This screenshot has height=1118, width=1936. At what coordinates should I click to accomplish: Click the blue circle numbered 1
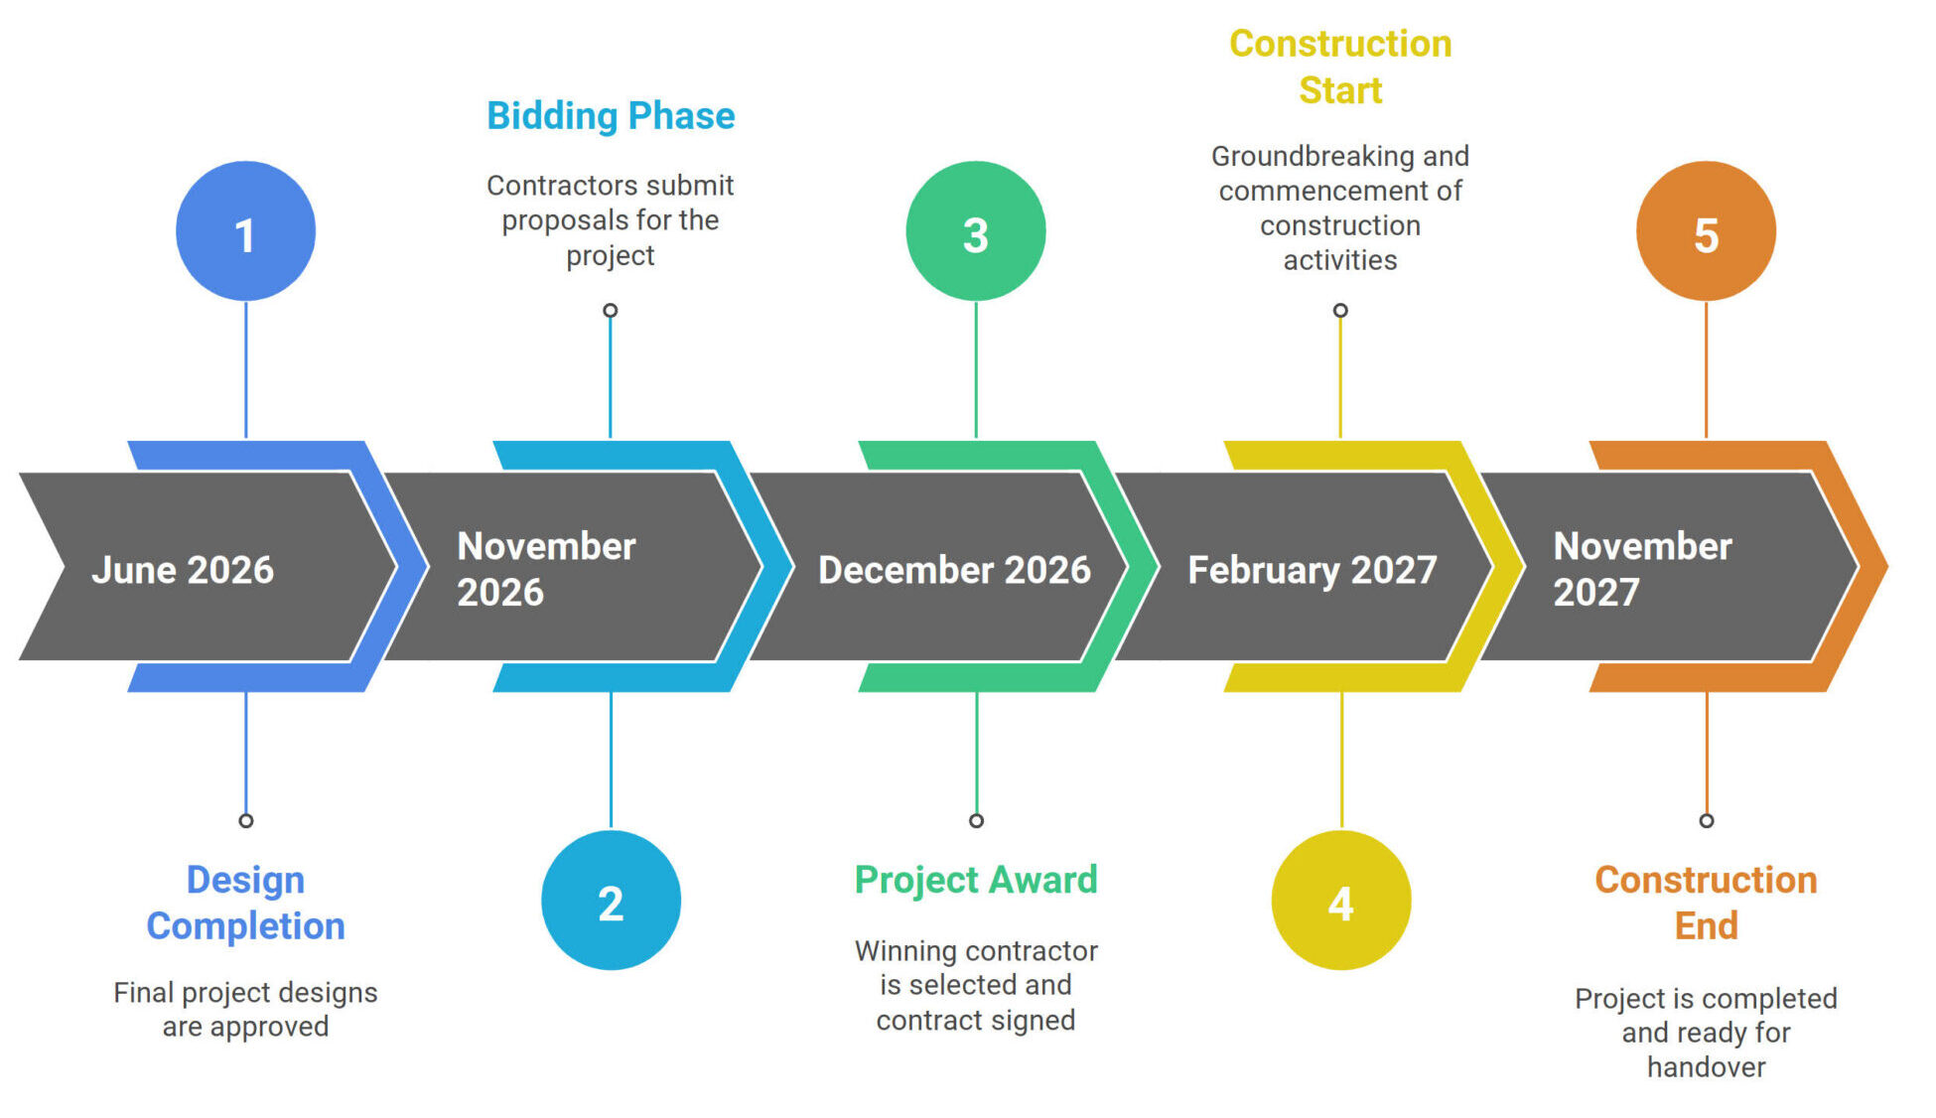(245, 231)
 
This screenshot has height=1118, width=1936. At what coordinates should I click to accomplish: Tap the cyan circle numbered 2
(611, 901)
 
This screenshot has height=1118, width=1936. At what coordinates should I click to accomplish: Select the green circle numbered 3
(976, 231)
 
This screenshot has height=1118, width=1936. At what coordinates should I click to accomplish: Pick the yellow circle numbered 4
(1341, 901)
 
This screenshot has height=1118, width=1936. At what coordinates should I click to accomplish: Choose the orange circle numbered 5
(1706, 231)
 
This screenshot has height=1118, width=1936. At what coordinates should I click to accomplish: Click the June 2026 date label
(183, 570)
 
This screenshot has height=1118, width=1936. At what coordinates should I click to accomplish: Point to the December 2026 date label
(954, 570)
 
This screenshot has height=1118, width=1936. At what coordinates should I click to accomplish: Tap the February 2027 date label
(1313, 571)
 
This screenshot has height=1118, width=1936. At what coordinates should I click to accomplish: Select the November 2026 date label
(546, 569)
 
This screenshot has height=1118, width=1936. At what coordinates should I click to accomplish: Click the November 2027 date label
(1642, 569)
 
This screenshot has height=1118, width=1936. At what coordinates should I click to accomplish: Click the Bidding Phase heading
(611, 116)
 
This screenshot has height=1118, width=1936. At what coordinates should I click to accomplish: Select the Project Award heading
(976, 880)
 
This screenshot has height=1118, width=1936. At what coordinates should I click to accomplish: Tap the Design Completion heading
(245, 903)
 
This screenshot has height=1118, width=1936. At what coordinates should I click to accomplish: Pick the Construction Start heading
(1340, 67)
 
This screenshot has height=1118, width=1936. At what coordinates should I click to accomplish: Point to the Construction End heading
(1706, 903)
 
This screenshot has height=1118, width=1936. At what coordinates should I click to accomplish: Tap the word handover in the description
(1706, 1067)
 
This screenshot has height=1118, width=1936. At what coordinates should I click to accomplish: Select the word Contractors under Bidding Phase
(552, 186)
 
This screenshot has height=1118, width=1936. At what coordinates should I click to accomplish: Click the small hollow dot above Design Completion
(246, 821)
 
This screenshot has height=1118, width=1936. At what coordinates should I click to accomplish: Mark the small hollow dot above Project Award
(977, 821)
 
